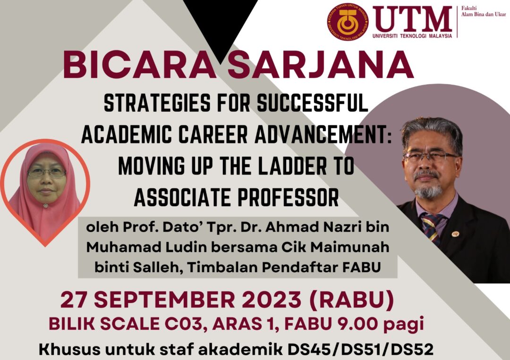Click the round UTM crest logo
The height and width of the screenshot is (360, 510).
(348, 22)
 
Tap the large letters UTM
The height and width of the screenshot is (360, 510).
(412, 19)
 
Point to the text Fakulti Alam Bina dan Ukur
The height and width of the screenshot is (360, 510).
(484, 11)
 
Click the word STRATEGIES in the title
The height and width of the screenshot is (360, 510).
(157, 103)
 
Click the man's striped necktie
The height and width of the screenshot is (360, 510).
(432, 228)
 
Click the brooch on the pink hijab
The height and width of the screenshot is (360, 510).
(45, 206)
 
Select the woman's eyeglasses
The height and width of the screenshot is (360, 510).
(47, 172)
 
